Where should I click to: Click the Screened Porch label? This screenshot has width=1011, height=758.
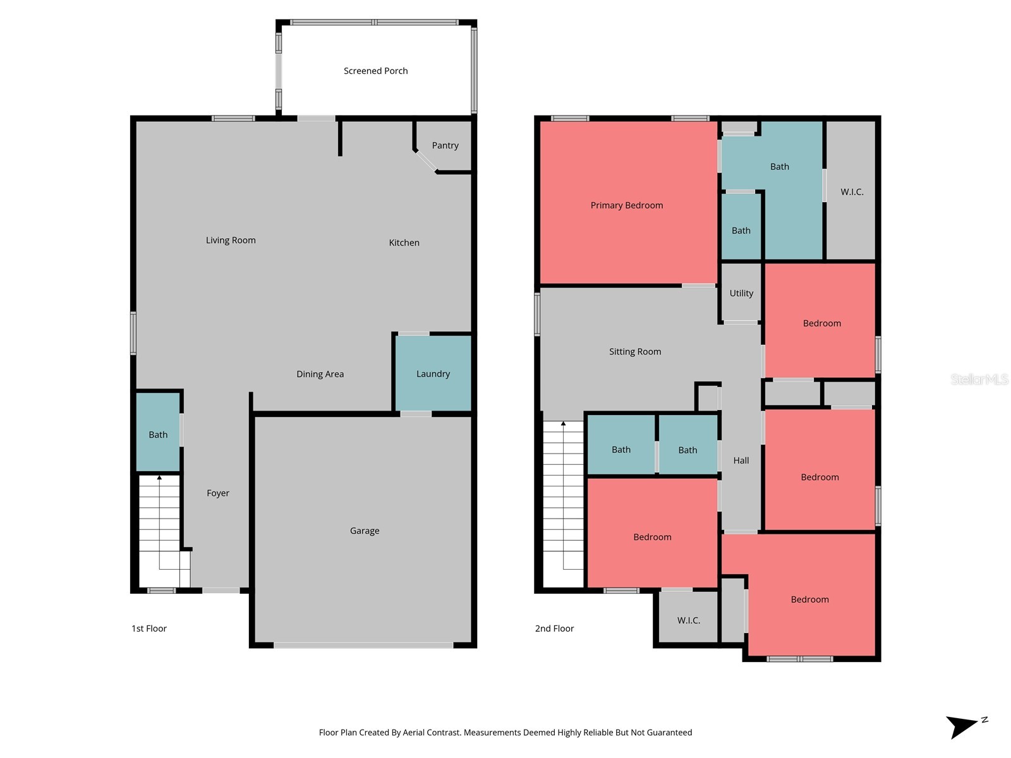click(375, 71)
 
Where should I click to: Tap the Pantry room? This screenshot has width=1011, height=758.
click(445, 145)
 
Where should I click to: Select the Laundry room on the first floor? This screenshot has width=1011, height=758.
click(433, 374)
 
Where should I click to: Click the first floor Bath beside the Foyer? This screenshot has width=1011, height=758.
click(158, 435)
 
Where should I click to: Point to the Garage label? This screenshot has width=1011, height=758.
click(365, 531)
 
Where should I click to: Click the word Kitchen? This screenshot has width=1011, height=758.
click(404, 243)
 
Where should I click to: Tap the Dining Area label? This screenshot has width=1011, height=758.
click(320, 374)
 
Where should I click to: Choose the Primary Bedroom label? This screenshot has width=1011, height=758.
click(626, 205)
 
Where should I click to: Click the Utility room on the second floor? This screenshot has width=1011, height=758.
click(741, 293)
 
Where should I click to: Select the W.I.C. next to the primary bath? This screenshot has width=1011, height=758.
click(851, 191)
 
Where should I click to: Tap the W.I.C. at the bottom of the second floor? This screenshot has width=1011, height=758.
click(688, 620)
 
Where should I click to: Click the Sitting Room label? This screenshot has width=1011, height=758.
click(634, 352)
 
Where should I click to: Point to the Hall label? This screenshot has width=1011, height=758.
click(741, 460)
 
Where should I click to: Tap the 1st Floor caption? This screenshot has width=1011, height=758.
click(149, 629)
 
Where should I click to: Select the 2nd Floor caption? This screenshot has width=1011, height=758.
click(554, 629)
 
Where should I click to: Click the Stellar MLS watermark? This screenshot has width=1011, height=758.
click(979, 379)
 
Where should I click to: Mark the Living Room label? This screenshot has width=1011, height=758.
click(231, 240)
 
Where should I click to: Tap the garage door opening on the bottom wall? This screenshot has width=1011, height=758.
click(363, 645)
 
